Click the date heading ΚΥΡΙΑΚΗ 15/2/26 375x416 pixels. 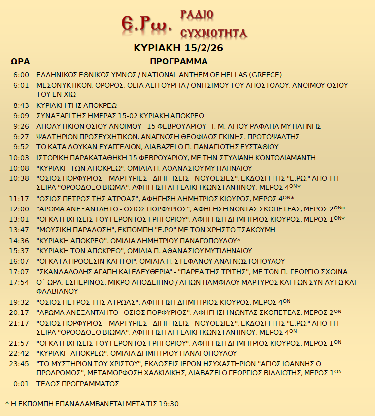coord(175,48)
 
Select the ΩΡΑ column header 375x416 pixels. coord(20,62)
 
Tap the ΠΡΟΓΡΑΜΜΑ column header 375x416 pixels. coord(179,62)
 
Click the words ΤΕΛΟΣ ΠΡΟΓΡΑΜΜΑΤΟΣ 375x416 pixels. coord(78,384)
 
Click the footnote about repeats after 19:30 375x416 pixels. coord(92,404)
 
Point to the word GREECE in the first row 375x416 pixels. coord(266,75)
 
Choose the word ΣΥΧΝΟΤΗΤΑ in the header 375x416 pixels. coord(213,33)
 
